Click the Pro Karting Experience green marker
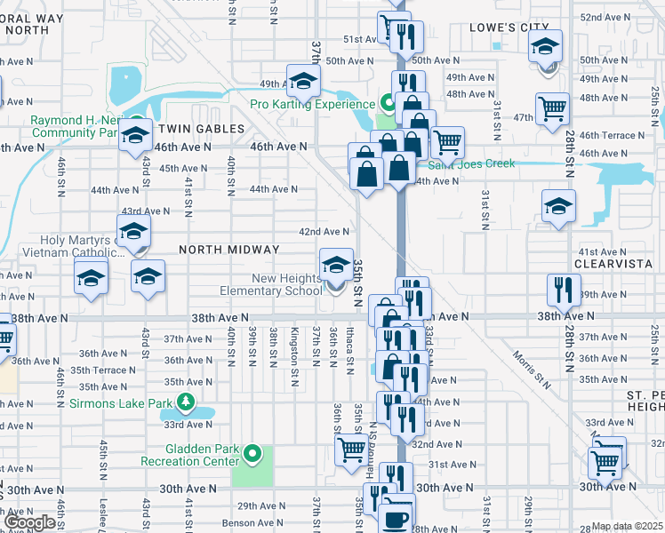pos(387,101)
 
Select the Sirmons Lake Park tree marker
pos(185,403)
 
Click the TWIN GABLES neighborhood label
pos(202,129)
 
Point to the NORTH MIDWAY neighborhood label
pos(229,250)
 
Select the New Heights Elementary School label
pos(275,284)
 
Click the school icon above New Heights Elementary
pos(335,264)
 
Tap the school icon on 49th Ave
pos(303,81)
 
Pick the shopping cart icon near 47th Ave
pos(552,108)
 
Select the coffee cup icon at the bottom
pos(396,519)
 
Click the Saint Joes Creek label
pos(472,164)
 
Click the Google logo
pos(29,521)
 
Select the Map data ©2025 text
pos(627,527)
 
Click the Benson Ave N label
pos(252,523)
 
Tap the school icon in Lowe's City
pos(546,45)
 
